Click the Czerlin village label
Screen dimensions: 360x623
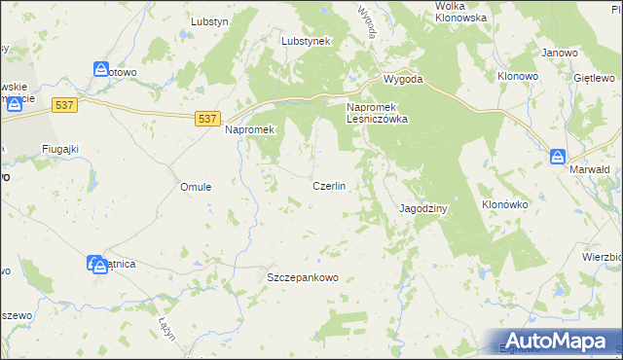(329, 186)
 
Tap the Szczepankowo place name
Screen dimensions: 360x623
(302, 277)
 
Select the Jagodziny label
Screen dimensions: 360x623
(423, 208)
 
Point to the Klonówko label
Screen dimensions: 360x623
(504, 205)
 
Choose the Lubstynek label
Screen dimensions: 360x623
(307, 42)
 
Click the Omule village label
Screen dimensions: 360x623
(197, 186)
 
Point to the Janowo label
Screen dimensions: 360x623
(560, 53)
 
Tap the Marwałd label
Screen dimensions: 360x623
(589, 168)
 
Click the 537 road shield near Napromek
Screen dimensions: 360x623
(205, 118)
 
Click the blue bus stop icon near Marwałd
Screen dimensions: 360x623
(558, 156)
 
